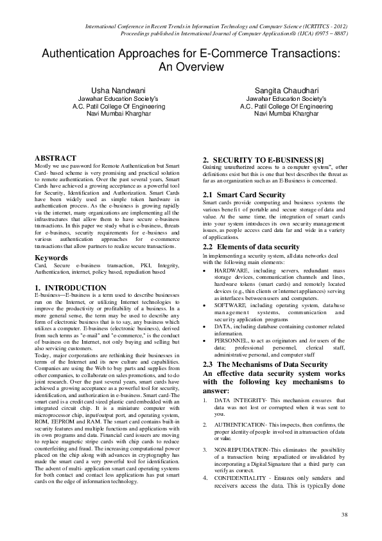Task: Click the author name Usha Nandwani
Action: coord(111,91)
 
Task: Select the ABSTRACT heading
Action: coord(55,157)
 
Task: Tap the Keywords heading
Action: coord(51,258)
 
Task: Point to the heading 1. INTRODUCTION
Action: coord(65,287)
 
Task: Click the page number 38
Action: coord(344,515)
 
